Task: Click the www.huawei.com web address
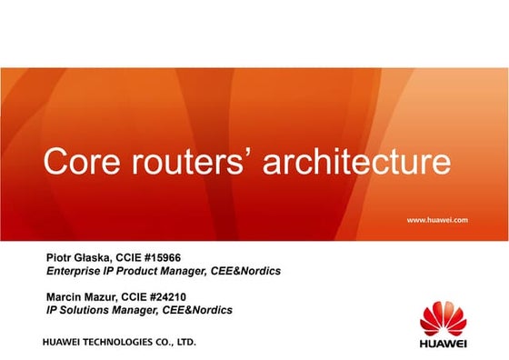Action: (x=437, y=220)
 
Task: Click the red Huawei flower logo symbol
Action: (x=444, y=316)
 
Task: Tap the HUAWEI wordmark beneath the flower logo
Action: (x=444, y=344)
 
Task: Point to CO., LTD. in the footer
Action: (x=175, y=344)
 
